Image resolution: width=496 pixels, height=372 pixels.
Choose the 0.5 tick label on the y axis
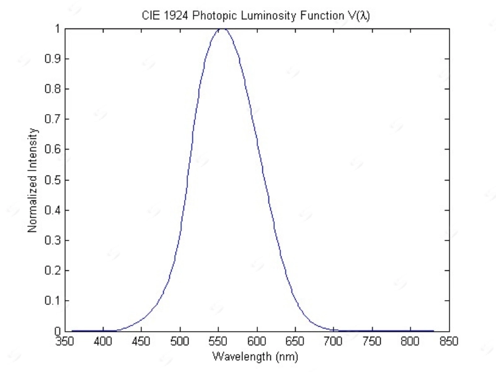pos(53,180)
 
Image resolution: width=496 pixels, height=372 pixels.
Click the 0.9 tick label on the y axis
pos(53,60)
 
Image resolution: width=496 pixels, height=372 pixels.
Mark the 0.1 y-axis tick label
pos(53,301)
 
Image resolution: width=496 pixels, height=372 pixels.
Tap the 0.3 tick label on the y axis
pos(53,241)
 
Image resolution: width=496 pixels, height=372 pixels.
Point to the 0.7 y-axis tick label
pos(53,120)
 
